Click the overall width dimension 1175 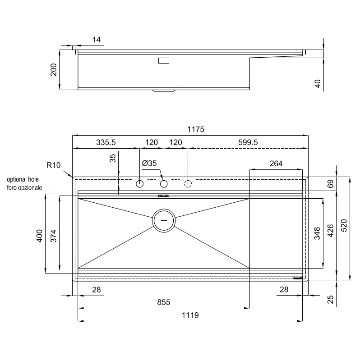pyautogui.click(x=196, y=130)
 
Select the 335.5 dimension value pyautogui.click(x=106, y=142)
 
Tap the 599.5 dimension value pyautogui.click(x=248, y=142)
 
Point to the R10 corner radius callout pyautogui.click(x=53, y=165)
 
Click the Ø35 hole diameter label pyautogui.click(x=149, y=164)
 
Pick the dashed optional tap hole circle pyautogui.click(x=188, y=183)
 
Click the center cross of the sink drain pyautogui.click(x=164, y=220)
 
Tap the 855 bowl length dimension pyautogui.click(x=163, y=302)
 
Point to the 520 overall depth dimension pyautogui.click(x=344, y=228)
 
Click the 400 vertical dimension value pyautogui.click(x=39, y=236)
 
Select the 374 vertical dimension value pyautogui.click(x=53, y=236)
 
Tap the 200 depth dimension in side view pyautogui.click(x=54, y=70)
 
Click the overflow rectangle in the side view pyautogui.click(x=163, y=60)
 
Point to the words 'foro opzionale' pyautogui.click(x=24, y=187)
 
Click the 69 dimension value pyautogui.click(x=330, y=184)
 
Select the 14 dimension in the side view pyautogui.click(x=96, y=40)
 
